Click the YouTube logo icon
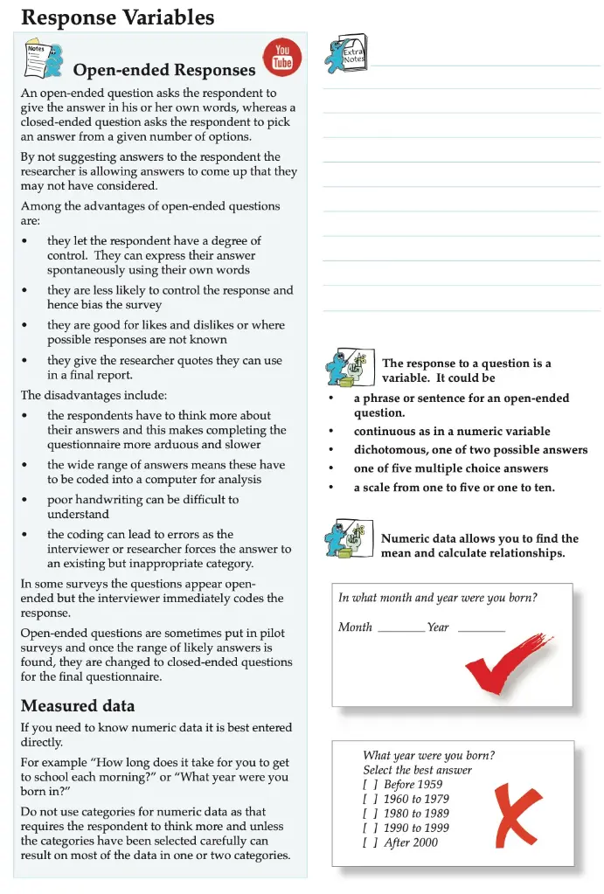point(281,57)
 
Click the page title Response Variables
point(117,17)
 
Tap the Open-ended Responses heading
point(164,70)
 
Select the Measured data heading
point(78,705)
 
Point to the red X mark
point(516,814)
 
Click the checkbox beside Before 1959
point(371,785)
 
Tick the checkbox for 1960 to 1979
point(371,800)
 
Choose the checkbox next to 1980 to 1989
point(371,814)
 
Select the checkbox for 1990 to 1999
point(371,828)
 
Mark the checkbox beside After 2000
point(371,843)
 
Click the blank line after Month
point(401,628)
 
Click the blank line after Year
point(481,628)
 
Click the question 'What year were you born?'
point(428,756)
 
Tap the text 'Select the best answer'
point(417,770)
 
